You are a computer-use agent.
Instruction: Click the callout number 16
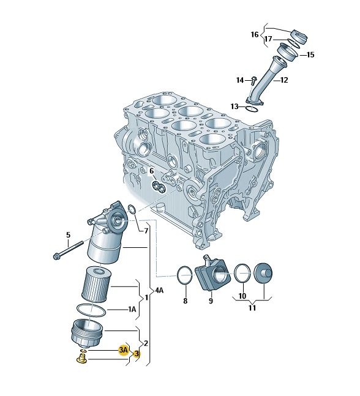(255, 35)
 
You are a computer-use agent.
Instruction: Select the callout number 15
(310, 55)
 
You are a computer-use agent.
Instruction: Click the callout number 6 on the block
(151, 171)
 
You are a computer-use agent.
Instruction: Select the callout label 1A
(132, 309)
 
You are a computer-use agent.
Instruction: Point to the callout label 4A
(159, 291)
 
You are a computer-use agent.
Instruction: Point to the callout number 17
(268, 39)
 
